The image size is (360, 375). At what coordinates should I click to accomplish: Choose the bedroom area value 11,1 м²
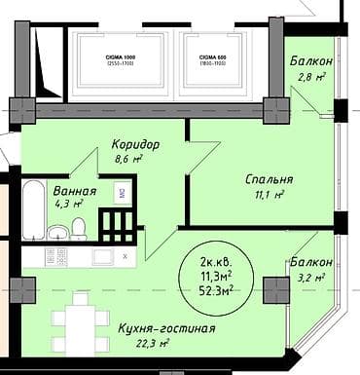point(266,195)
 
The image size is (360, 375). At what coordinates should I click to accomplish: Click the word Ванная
point(75,191)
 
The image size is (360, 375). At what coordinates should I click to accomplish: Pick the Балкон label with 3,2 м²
point(311,263)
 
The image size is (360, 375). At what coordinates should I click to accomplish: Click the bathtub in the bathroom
point(34,208)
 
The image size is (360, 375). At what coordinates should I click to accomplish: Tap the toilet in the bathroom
point(79,229)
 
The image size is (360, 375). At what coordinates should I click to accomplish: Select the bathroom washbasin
point(57,232)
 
